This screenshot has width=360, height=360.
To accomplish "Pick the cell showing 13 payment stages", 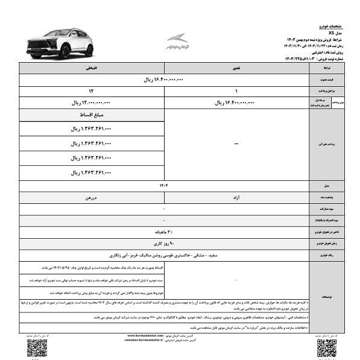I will [x=92, y=90].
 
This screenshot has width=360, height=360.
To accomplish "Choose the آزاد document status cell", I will [x=236, y=197].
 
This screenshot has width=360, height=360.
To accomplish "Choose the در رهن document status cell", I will [x=92, y=197].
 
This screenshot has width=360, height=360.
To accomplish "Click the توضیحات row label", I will [x=326, y=296].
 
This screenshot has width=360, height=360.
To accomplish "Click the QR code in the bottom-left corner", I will [x=37, y=348].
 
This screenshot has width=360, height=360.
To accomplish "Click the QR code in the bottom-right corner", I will [x=326, y=348].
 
